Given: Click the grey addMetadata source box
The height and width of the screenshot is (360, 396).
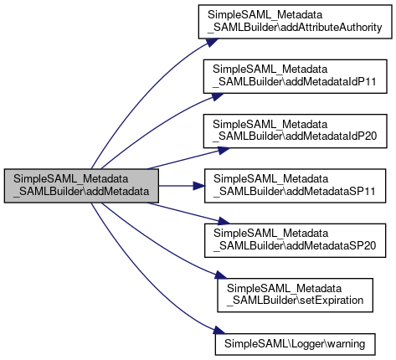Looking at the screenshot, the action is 81,186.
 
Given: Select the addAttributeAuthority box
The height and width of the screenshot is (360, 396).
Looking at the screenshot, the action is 295,22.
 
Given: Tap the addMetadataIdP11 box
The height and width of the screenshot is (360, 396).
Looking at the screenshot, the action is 295,76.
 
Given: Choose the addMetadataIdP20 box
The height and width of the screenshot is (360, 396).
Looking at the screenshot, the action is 295,131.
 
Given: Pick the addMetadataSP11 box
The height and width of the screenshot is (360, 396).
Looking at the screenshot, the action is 295,186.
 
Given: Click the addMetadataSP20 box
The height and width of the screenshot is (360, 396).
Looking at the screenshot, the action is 295,240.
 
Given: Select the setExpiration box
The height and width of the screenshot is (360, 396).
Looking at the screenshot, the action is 295,295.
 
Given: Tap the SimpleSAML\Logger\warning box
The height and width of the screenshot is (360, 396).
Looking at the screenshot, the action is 295,344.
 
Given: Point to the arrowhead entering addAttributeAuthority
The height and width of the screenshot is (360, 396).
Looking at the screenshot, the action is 212,43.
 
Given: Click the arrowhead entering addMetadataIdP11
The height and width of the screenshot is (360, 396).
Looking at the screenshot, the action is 217,96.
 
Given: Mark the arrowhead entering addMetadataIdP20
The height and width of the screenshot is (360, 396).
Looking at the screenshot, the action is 224,151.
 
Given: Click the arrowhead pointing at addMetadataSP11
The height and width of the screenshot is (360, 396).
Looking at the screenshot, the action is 199,186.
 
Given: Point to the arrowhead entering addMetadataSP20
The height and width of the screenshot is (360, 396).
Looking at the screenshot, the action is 224,221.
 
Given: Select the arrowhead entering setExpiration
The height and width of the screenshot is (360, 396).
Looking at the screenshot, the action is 221,275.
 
